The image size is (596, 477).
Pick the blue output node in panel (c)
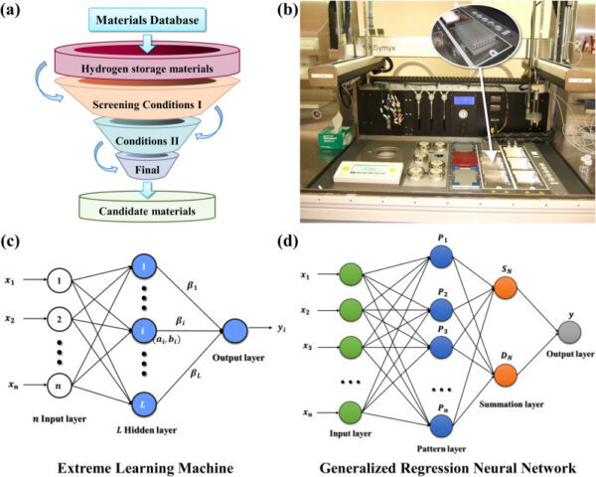(x=237, y=331)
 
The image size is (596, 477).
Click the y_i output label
(x=285, y=330)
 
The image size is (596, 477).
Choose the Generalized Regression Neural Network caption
(x=440, y=464)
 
